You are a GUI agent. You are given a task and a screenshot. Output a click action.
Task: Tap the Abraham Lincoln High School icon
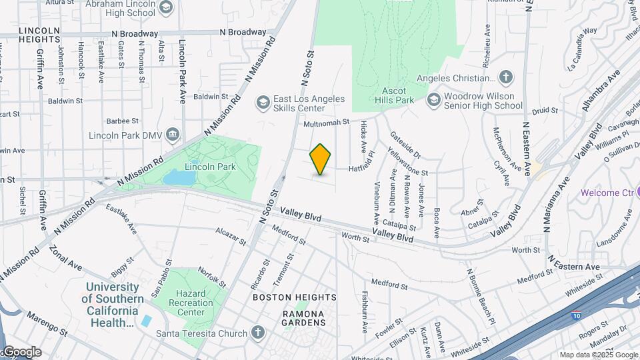pos(167,9)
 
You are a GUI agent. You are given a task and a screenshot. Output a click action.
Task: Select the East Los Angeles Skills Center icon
pos(263,102)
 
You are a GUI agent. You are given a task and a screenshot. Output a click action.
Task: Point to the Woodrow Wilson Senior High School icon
pos(434,100)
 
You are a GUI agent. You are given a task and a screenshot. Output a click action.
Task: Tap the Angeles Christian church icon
pos(506,78)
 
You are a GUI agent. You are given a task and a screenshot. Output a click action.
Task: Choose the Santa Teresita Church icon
pos(258,333)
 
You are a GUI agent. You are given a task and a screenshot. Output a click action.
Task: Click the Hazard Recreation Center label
pos(191,303)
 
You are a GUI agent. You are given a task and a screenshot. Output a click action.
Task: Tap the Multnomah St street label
pos(327,123)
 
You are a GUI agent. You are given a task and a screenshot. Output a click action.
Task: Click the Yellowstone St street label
pos(408,164)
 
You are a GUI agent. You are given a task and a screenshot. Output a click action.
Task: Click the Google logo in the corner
pos(21,352)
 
